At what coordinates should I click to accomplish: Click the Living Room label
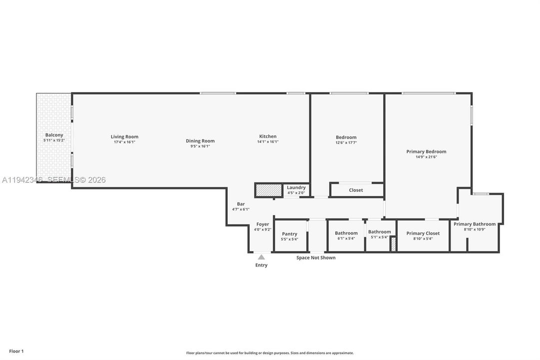[124, 136]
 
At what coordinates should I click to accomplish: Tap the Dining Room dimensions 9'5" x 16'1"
[200, 146]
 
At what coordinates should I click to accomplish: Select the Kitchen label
[268, 136]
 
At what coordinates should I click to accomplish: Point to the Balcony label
[54, 135]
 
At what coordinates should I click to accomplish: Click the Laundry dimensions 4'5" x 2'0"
[296, 193]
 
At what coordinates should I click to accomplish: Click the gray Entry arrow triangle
[261, 257]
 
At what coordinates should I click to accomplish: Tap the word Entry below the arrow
[261, 265]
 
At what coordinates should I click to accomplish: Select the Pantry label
[290, 234]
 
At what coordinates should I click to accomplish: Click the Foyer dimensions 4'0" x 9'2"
[263, 229]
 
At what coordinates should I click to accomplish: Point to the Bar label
[241, 204]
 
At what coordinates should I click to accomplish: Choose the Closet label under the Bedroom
[356, 190]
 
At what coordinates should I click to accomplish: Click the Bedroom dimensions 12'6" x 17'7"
[346, 142]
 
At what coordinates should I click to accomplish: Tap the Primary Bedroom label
[426, 151]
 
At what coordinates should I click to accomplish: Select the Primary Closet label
[423, 233]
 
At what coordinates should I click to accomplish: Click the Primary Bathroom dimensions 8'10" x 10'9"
[475, 229]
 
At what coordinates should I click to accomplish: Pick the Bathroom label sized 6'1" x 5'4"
[346, 233]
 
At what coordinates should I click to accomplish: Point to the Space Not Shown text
[316, 257]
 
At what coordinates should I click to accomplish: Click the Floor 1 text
[16, 351]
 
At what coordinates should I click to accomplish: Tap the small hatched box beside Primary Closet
[393, 244]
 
